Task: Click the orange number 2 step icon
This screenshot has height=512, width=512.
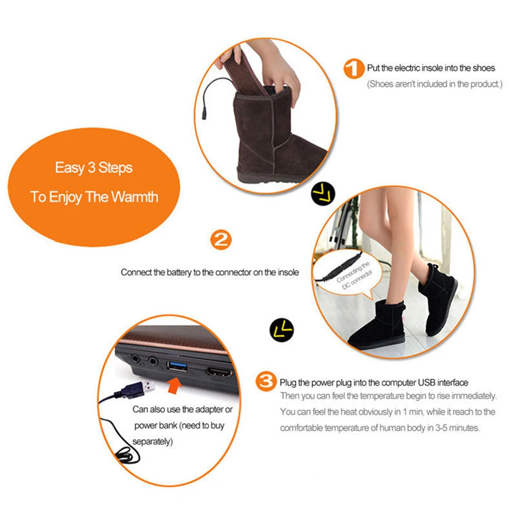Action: coord(220,240)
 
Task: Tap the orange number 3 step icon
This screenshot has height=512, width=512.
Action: coord(266,382)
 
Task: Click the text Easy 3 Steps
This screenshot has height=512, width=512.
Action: coord(94,168)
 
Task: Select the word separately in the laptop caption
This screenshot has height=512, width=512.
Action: coord(153,440)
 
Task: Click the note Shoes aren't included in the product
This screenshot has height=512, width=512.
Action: coord(435,84)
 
